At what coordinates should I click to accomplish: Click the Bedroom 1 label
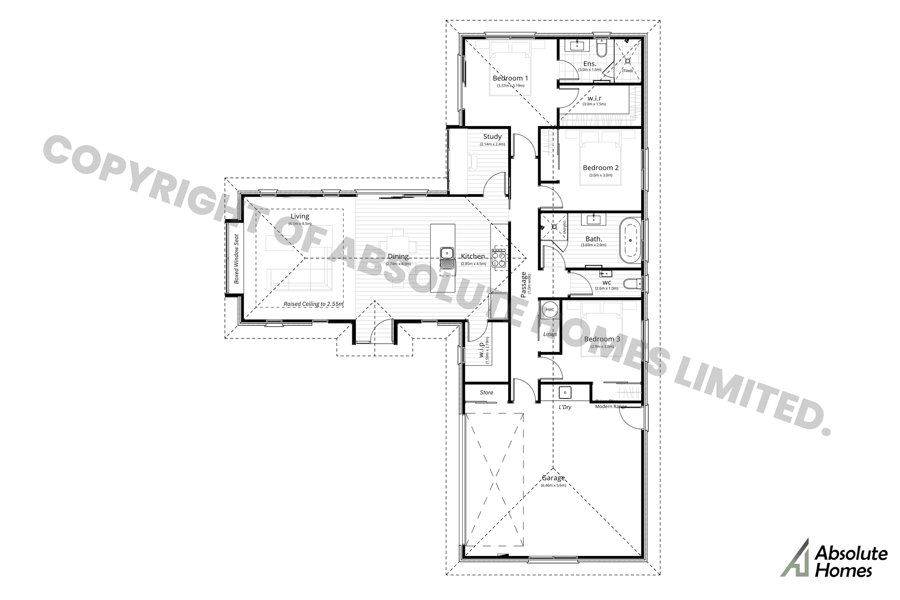point(510,78)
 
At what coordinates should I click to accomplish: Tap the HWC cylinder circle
point(550,310)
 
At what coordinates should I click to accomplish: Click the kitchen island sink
point(447,254)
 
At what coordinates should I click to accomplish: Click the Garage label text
point(553,478)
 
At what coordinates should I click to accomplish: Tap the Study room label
point(492,137)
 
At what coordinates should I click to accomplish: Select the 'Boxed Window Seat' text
point(237,259)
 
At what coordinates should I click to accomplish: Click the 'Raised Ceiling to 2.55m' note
point(313,304)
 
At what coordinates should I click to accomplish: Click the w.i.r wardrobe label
point(594,98)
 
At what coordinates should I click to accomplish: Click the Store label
point(486,392)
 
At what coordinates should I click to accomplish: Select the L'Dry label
point(565,407)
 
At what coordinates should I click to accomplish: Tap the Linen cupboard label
point(550,334)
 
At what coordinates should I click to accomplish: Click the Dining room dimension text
point(398,264)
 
